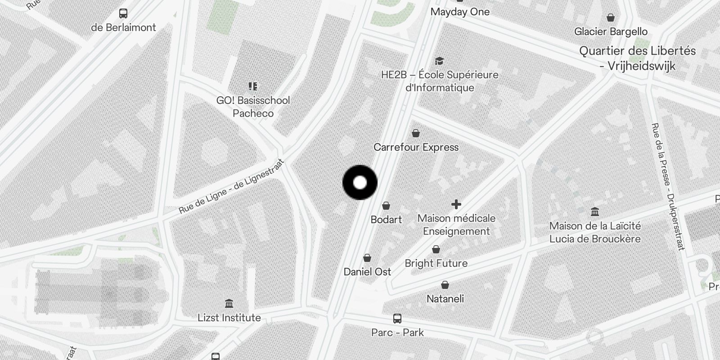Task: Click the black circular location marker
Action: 360,183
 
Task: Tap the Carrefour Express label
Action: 416,147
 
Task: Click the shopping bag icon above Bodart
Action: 386,206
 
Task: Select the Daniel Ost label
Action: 367,272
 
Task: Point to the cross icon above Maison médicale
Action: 456,204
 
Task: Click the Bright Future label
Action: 436,263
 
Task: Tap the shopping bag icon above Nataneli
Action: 445,285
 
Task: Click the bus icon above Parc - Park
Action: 397,319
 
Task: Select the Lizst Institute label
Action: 229,318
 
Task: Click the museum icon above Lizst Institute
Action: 229,303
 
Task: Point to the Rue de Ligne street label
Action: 232,186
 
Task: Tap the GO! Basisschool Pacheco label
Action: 253,107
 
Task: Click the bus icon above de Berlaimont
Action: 123,13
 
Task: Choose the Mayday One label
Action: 460,12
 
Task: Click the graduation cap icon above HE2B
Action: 439,61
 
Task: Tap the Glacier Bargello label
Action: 611,31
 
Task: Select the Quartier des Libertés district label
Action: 637,58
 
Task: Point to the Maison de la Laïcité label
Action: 595,232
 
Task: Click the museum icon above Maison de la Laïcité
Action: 595,211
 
